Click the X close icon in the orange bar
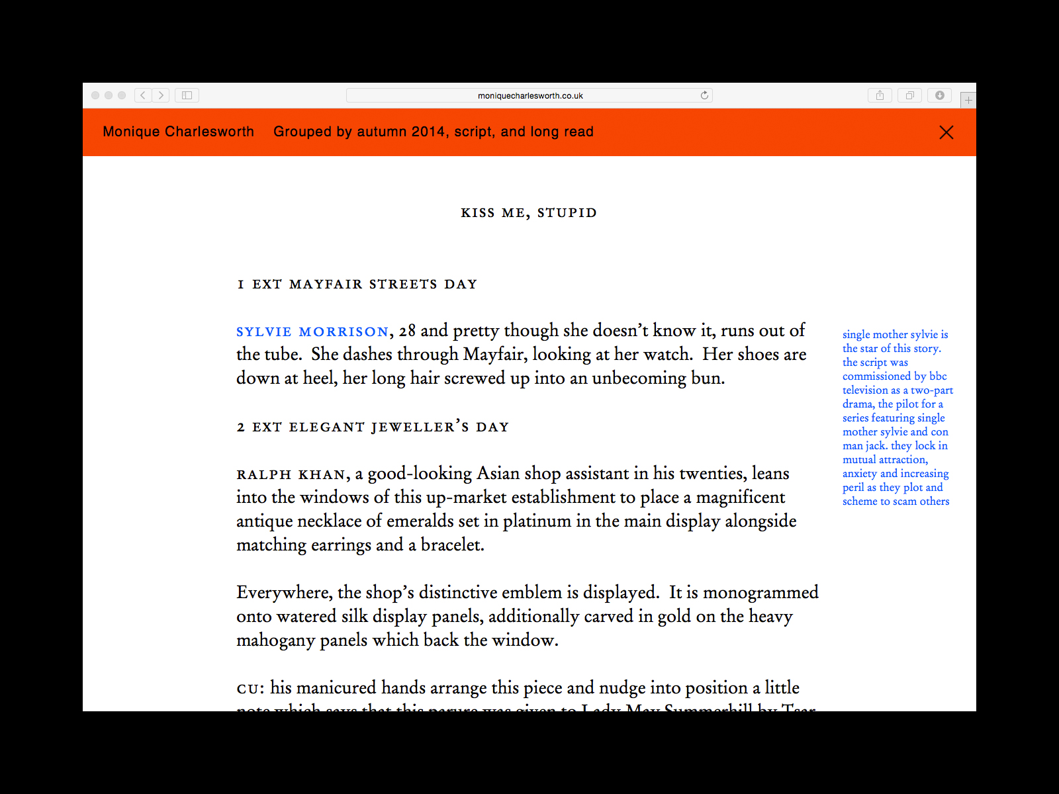click(946, 132)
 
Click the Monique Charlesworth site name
click(178, 132)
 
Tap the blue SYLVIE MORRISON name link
click(312, 331)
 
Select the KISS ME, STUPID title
click(529, 213)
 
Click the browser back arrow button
click(143, 95)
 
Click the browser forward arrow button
click(161, 95)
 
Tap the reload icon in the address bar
click(704, 95)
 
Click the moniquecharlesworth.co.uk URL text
click(530, 96)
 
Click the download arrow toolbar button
click(939, 95)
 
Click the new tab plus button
click(968, 100)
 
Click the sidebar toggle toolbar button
click(187, 95)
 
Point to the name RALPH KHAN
click(291, 474)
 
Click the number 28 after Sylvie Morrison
click(407, 331)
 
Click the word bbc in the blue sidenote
click(938, 376)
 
